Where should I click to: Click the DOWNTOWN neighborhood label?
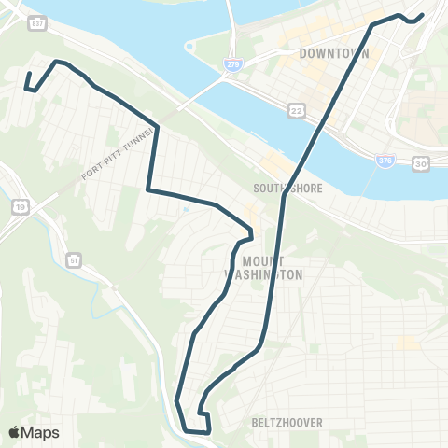pos(334,53)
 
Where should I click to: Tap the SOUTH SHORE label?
pos(287,188)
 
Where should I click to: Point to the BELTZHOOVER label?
pos(287,423)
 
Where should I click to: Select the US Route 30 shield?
pos(422,163)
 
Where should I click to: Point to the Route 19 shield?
pos(20,205)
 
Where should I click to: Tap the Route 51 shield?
pos(73,259)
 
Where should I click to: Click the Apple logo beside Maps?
pos(14,432)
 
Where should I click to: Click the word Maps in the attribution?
pos(41,432)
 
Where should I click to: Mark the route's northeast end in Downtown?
pos(423,15)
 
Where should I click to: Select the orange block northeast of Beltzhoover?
pos(407,344)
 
